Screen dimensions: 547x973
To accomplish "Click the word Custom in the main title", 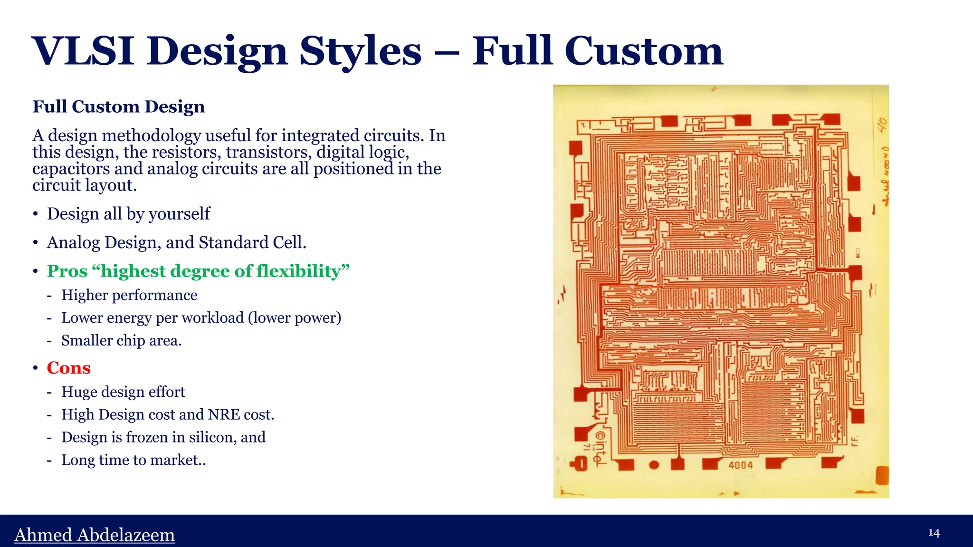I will pyautogui.click(x=644, y=51).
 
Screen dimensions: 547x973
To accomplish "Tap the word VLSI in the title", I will pyautogui.click(x=83, y=51).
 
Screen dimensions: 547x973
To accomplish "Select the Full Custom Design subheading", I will pyautogui.click(x=118, y=106).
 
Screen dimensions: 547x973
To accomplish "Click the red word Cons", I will pyautogui.click(x=68, y=368).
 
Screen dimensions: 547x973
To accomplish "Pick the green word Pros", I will pyautogui.click(x=67, y=271).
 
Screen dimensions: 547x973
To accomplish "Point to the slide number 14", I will pyautogui.click(x=934, y=533).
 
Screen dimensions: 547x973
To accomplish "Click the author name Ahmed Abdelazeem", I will pyautogui.click(x=95, y=535).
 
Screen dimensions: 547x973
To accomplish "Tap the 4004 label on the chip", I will pyautogui.click(x=741, y=465).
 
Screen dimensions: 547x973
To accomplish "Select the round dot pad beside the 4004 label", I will pyautogui.click(x=654, y=465).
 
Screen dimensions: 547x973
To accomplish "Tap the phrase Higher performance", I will pyautogui.click(x=129, y=295).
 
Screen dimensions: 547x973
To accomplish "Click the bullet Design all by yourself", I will pyautogui.click(x=128, y=214).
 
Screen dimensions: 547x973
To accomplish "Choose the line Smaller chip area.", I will pyautogui.click(x=121, y=341).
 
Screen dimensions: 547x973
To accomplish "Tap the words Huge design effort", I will pyautogui.click(x=123, y=392).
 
